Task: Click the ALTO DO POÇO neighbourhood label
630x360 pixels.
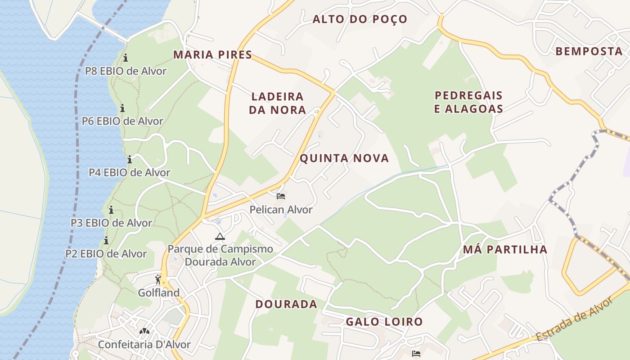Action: tap(360, 19)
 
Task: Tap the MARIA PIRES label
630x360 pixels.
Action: tap(212, 55)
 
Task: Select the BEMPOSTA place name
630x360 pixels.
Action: tap(589, 51)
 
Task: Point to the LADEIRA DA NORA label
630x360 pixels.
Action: tap(277, 103)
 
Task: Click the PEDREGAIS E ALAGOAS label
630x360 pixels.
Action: tap(468, 102)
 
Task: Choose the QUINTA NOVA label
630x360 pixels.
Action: tap(344, 158)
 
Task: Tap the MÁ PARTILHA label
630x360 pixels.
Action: tap(505, 250)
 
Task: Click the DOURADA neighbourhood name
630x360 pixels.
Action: tap(286, 304)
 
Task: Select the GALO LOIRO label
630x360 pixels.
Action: tap(384, 322)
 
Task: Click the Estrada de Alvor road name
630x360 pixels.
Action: tap(574, 320)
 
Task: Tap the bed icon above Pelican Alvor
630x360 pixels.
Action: tap(281, 196)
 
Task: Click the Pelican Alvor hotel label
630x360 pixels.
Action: tap(281, 210)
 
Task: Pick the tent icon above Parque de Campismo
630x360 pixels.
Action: tap(220, 236)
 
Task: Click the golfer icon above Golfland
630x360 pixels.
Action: tap(158, 279)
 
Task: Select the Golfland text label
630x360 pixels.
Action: tap(158, 293)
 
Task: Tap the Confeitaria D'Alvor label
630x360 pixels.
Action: tap(144, 345)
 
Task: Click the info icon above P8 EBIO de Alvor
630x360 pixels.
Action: tap(126, 58)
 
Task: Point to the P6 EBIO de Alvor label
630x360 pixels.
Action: tap(122, 121)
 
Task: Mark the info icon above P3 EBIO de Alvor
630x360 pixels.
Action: tap(111, 210)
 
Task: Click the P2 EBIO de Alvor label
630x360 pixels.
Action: tap(106, 254)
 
